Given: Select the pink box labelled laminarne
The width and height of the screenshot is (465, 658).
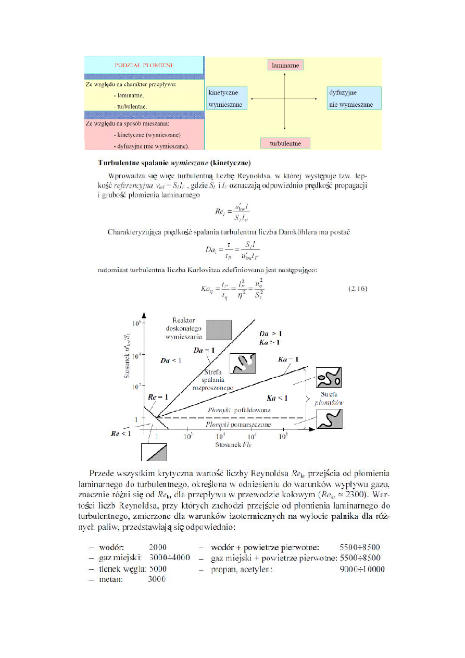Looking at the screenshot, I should click(285, 65).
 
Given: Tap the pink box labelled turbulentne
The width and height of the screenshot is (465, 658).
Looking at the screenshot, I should click(284, 143).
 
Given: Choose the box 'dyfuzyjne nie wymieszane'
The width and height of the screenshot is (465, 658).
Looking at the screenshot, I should click(355, 98).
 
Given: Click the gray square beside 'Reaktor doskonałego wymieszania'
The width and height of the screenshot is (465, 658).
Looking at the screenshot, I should click(219, 330).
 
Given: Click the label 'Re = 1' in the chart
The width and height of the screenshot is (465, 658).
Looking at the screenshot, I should click(158, 397).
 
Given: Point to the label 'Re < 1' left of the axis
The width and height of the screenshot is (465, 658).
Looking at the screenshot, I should click(121, 433).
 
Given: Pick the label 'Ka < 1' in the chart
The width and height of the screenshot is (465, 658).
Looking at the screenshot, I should click(277, 399).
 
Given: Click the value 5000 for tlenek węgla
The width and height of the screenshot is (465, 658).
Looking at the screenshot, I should click(157, 569).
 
